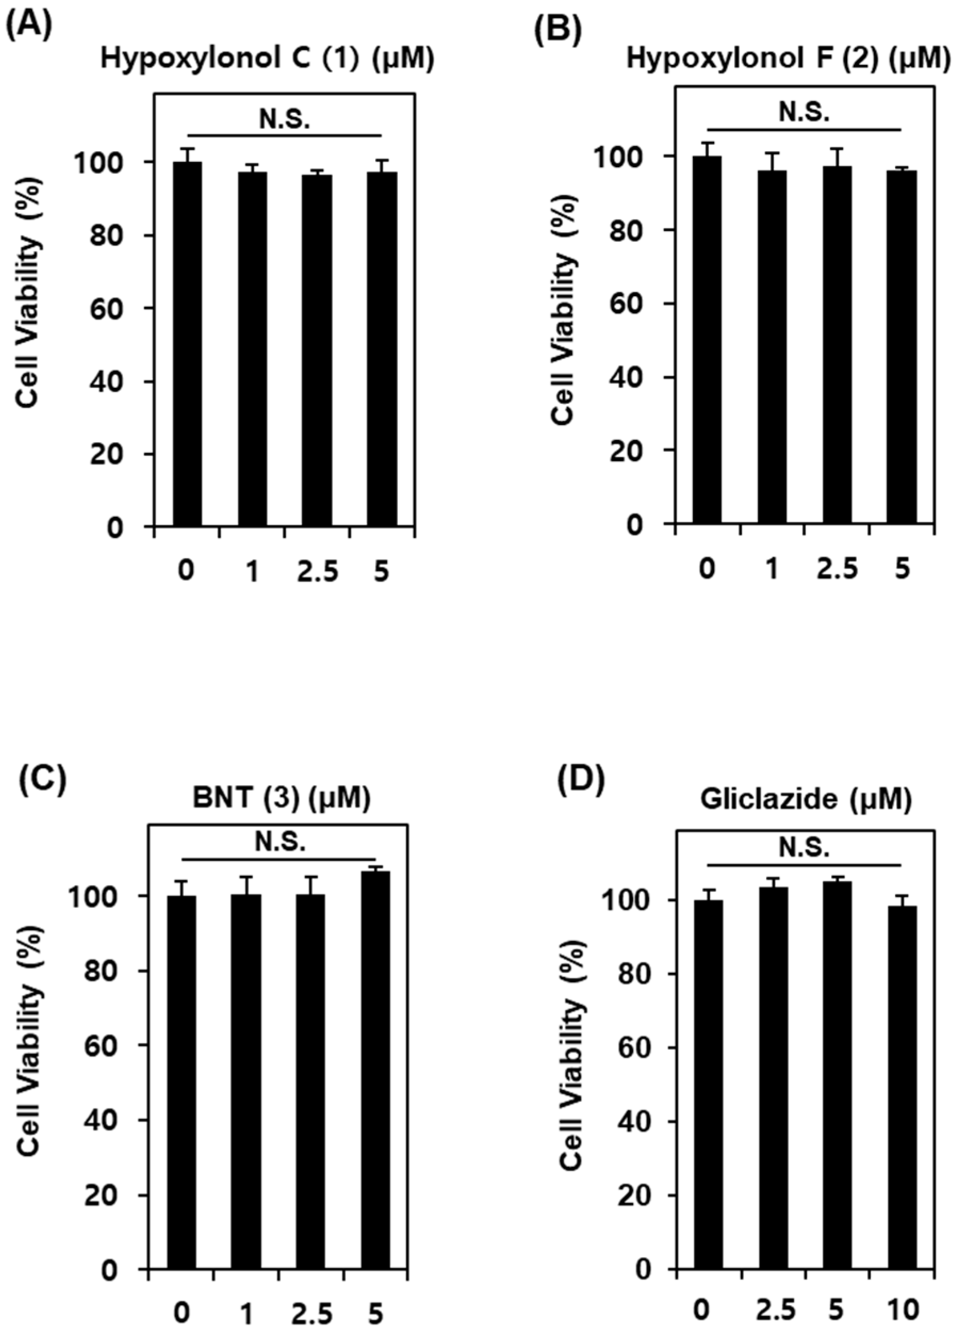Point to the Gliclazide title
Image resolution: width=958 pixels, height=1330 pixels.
[806, 799]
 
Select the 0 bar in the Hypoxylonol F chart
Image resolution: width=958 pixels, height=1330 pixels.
[707, 340]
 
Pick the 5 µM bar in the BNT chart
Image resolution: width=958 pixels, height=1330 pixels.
[375, 1085]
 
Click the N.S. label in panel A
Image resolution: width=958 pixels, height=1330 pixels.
[285, 120]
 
